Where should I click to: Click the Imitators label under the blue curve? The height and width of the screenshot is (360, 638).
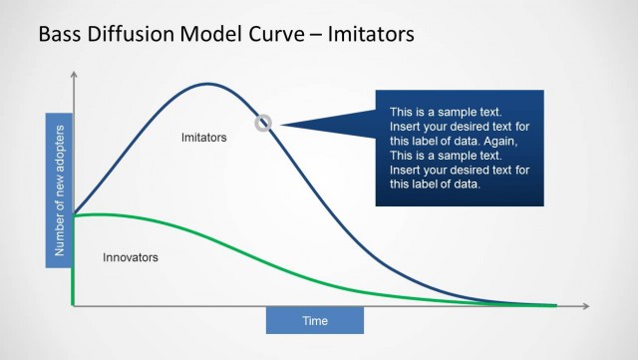click(204, 137)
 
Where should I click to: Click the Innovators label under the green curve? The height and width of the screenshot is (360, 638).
click(131, 257)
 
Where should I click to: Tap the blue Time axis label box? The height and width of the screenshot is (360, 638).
click(315, 320)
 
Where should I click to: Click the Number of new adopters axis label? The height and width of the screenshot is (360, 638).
click(60, 192)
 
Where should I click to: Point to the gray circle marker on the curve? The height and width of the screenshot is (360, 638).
click(263, 123)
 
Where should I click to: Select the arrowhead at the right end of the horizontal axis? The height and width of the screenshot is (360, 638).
click(588, 305)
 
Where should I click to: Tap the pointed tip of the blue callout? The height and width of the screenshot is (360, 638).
click(281, 124)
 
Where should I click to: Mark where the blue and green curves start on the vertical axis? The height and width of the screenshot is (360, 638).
click(74, 214)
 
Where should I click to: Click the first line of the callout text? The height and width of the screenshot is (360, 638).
click(446, 112)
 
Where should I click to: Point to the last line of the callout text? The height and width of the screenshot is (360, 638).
click(436, 184)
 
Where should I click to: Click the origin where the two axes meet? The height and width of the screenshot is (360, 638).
click(74, 305)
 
